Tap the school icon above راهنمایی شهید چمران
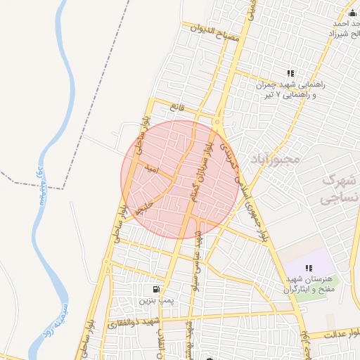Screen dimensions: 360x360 (x=290, y=73)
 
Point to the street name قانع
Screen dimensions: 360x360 (x=175, y=108)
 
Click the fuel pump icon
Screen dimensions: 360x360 (x=155, y=288)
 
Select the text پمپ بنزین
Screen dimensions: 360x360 (x=155, y=300)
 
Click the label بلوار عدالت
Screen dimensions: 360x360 (x=340, y=335)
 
